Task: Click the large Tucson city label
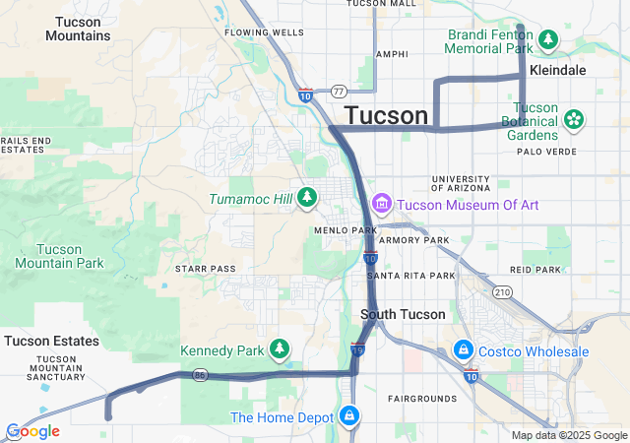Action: point(387,115)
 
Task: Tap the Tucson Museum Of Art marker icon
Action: point(382,205)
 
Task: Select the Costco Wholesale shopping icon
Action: point(463,350)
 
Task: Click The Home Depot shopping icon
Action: point(348,416)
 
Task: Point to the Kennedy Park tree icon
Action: point(281,349)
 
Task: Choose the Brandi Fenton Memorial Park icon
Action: point(547,40)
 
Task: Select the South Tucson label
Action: point(403,315)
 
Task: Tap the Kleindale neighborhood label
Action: point(557,71)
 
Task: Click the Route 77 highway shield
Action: point(338,91)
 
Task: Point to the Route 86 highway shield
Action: point(200,374)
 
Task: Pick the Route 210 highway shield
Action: point(503,292)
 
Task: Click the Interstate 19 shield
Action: point(358,348)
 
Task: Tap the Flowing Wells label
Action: point(264,32)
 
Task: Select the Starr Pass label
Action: point(205,268)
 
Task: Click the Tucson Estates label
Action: point(51,341)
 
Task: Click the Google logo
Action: point(32,431)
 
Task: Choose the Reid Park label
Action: point(535,270)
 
